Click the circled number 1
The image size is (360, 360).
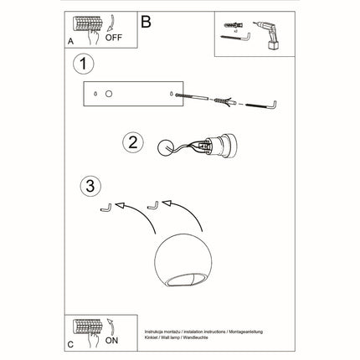click(x=81, y=64)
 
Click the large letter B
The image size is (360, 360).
click(x=147, y=23)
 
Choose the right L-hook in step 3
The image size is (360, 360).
click(x=152, y=203)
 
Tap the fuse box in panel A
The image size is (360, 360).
click(x=85, y=22)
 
